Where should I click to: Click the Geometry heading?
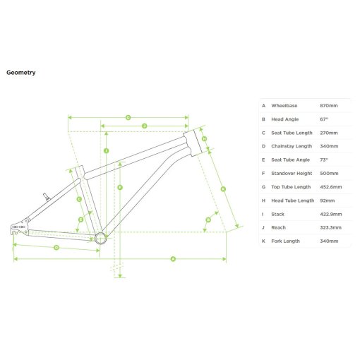(x=21, y=73)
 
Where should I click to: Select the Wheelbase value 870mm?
(x=329, y=106)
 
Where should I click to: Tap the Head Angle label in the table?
(x=285, y=119)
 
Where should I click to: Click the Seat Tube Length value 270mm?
(x=329, y=133)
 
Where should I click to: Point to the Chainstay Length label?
(x=292, y=146)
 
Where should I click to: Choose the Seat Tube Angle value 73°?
(x=324, y=160)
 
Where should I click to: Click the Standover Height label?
(x=292, y=174)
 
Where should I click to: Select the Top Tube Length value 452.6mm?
(x=331, y=187)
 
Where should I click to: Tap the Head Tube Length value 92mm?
(x=328, y=200)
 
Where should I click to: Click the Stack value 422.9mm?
(x=331, y=215)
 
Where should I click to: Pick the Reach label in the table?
(x=278, y=227)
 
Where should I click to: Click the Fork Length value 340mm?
(x=329, y=241)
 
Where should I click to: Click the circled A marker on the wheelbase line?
(x=173, y=259)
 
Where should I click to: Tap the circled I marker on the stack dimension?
(x=106, y=151)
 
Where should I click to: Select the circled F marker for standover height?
(x=120, y=187)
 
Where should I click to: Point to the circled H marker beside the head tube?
(x=204, y=139)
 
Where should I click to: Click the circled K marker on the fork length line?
(x=223, y=189)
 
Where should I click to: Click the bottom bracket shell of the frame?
(x=100, y=238)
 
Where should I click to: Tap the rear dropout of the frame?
(x=18, y=228)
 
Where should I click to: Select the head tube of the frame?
(x=193, y=143)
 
